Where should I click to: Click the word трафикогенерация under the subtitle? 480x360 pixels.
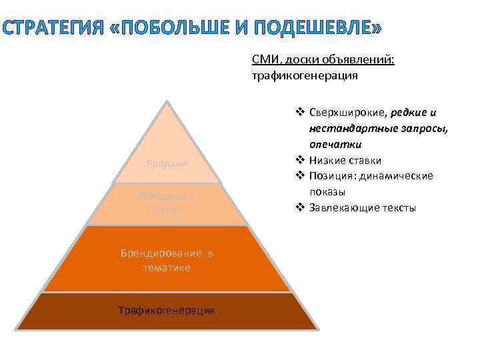[305, 75]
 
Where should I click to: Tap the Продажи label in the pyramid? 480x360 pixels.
[167, 163]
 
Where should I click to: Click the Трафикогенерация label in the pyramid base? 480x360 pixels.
[167, 310]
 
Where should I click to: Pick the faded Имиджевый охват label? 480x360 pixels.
[167, 202]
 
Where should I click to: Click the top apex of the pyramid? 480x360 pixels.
[167, 102]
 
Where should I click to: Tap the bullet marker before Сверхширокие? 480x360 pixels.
[299, 112]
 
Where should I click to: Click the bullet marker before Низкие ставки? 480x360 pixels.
[299, 160]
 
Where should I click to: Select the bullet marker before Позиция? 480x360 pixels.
[299, 176]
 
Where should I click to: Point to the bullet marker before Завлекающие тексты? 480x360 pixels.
[299, 208]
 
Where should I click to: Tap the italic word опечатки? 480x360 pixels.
[335, 144]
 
